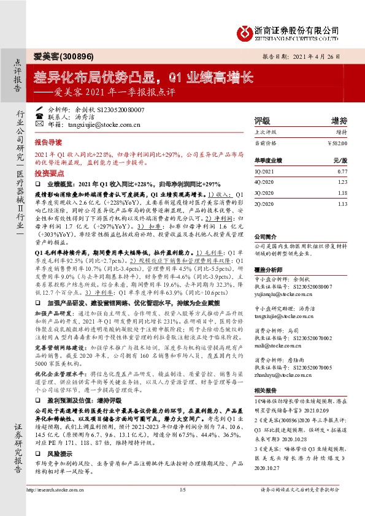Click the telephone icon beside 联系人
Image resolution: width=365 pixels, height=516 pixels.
40,116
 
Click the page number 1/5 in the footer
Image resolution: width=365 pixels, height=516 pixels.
182,490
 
